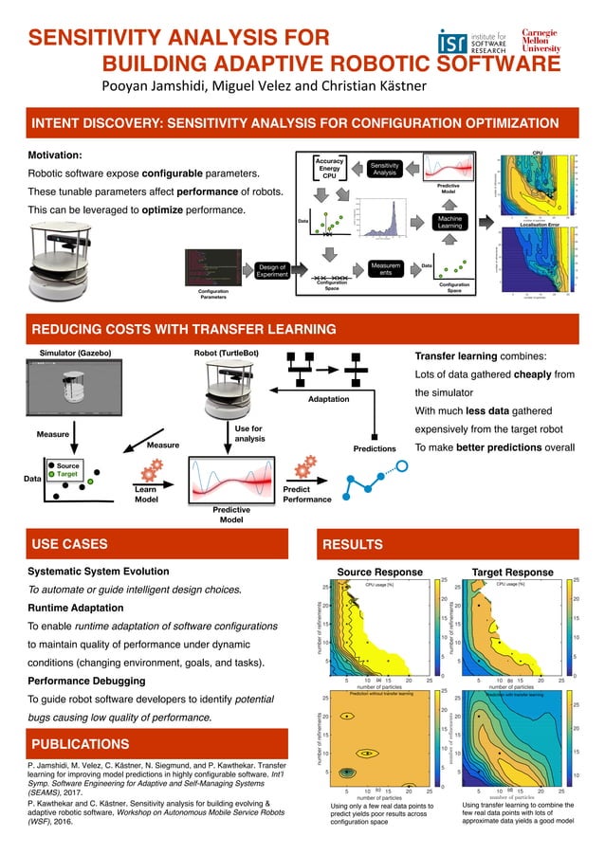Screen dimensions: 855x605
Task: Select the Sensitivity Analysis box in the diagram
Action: [384, 169]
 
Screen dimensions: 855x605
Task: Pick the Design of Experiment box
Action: [271, 273]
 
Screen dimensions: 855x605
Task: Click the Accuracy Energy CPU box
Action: [330, 168]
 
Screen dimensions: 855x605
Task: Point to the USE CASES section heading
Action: [70, 544]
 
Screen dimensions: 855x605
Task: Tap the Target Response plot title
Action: [513, 573]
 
